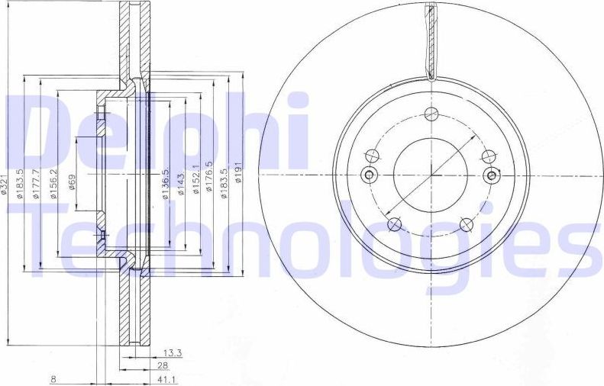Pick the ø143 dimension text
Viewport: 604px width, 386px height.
pyautogui.click(x=180, y=185)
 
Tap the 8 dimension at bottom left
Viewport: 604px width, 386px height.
pyautogui.click(x=53, y=379)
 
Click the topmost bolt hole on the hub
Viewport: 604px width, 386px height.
pyautogui.click(x=431, y=114)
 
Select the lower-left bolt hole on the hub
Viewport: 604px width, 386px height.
pyautogui.click(x=394, y=224)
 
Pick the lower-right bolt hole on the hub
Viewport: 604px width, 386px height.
pyautogui.click(x=465, y=224)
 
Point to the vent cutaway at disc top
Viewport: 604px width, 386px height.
pyautogui.click(x=431, y=42)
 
